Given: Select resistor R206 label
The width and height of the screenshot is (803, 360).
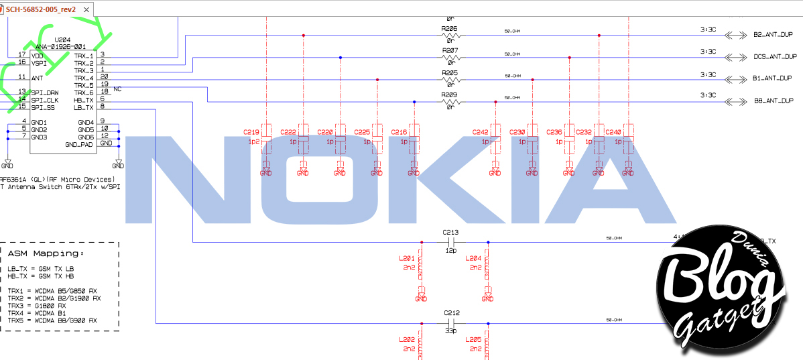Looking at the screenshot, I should (450, 29).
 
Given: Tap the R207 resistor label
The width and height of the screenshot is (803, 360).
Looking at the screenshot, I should (450, 50).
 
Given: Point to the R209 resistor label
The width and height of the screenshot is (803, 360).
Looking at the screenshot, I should (450, 95).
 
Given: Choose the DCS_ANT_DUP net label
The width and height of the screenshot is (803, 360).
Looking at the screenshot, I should (775, 57).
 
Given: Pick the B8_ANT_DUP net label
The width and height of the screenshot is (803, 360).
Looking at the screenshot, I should (773, 101).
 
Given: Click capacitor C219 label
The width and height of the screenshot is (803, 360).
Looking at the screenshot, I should (251, 132).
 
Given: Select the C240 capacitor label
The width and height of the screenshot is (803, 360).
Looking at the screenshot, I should (613, 132).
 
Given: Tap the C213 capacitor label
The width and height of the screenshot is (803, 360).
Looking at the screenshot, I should (450, 233).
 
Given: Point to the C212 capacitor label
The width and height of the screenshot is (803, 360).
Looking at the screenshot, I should (450, 312).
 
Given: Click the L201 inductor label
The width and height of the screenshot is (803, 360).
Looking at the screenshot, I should (406, 258).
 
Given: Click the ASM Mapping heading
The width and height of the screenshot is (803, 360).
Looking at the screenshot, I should (46, 253).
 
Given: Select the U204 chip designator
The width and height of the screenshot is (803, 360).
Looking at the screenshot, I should (64, 40).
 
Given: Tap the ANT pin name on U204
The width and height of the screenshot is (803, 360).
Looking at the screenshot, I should (37, 77).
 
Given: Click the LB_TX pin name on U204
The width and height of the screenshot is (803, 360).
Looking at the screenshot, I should (83, 107).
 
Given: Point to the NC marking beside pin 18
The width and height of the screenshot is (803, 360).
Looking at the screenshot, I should (117, 88).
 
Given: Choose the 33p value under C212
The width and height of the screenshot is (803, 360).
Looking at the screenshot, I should (450, 331).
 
